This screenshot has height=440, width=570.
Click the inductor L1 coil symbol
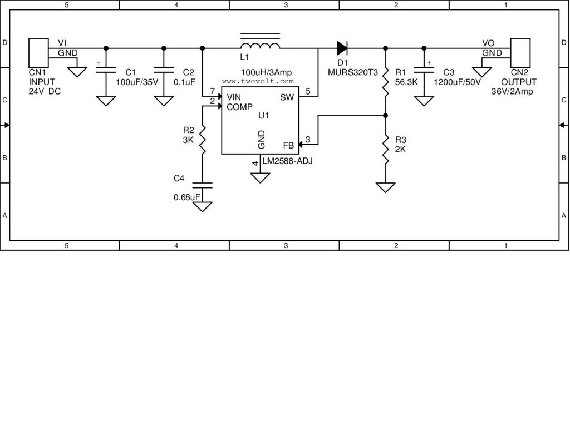[259, 46]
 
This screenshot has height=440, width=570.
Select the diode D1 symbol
[341, 47]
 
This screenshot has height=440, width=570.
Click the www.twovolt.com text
[257, 81]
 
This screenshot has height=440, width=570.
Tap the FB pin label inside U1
[288, 146]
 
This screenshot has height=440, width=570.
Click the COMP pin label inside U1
[240, 107]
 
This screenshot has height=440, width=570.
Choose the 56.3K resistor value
[406, 82]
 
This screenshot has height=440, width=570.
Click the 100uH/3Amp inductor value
[266, 73]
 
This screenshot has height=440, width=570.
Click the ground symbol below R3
[386, 187]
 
